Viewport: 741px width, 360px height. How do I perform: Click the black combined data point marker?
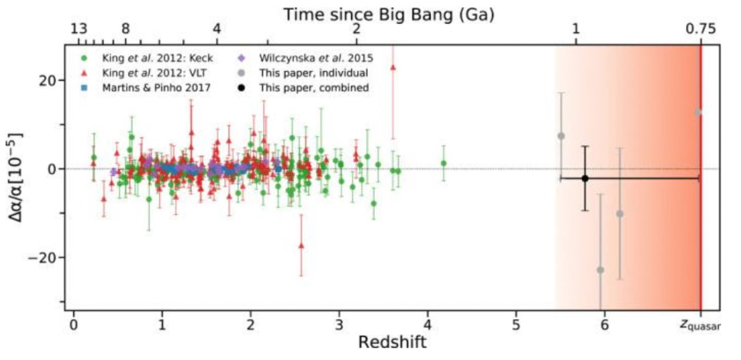(x=585, y=178)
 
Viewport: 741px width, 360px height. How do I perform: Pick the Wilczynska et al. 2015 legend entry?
(x=305, y=59)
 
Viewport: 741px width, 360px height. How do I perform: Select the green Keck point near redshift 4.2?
(x=443, y=163)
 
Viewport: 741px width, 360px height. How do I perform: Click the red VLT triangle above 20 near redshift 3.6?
(x=393, y=67)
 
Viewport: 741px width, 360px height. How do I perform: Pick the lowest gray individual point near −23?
(x=600, y=270)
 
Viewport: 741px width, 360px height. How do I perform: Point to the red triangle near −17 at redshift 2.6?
(x=301, y=245)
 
